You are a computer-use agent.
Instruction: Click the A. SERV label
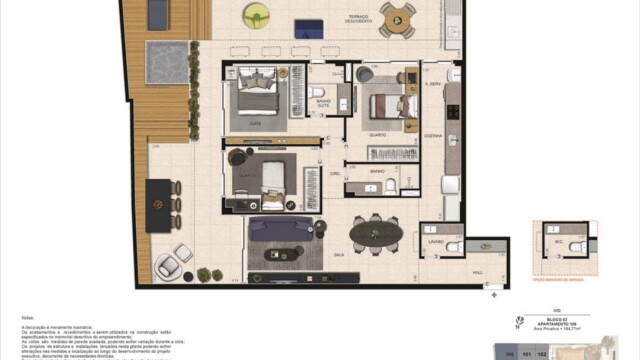[433, 85]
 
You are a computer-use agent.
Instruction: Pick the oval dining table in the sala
[377, 236]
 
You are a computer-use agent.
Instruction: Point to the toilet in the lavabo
[452, 244]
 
